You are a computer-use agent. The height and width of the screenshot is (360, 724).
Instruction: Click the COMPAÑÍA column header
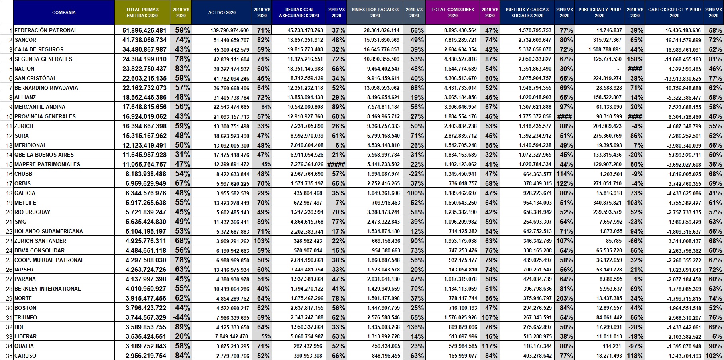pos(64,12)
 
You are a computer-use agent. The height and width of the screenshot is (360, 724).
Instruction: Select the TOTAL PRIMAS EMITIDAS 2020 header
pos(142,12)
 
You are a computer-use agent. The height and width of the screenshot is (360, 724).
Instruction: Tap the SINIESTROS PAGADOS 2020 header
pos(375,12)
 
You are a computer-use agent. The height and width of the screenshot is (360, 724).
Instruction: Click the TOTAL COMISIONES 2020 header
pos(452,12)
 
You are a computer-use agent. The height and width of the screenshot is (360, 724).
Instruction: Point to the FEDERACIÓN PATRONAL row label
pos(46,30)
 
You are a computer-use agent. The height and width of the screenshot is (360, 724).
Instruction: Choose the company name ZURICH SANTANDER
pos(40,241)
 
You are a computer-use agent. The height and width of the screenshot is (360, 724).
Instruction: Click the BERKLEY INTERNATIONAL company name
pos(47,289)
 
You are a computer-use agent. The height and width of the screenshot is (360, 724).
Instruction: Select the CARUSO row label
pos(25,356)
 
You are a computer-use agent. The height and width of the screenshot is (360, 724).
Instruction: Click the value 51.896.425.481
pos(142,30)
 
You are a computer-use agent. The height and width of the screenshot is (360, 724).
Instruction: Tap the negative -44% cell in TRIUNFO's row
pos(181,317)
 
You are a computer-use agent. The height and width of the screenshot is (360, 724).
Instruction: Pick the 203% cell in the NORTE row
pos(565,298)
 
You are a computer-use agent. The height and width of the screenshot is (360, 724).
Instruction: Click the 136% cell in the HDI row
pos(415,327)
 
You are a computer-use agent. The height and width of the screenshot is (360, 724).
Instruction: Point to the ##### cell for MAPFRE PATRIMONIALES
pos(336,164)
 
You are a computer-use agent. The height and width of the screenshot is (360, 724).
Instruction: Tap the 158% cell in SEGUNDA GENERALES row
pos(635,59)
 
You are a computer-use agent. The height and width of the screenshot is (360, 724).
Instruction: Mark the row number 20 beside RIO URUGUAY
pos(10,212)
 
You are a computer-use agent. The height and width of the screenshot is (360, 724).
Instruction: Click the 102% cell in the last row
pos(714,356)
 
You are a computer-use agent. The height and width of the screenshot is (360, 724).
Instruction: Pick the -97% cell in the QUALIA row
pos(635,346)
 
